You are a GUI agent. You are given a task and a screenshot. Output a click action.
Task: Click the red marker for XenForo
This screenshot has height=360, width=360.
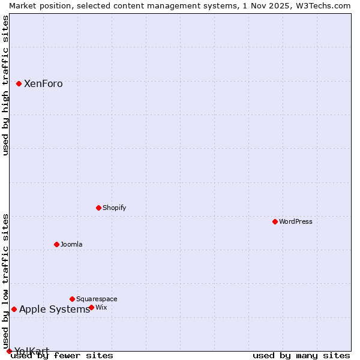click(19, 83)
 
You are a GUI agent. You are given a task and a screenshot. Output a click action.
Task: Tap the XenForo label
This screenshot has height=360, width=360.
click(43, 84)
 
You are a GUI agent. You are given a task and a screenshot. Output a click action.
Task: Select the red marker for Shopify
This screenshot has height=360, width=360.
click(98, 208)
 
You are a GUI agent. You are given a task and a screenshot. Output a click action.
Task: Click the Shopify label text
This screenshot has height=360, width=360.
click(114, 208)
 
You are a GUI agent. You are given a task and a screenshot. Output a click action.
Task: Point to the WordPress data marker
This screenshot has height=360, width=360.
click(275, 221)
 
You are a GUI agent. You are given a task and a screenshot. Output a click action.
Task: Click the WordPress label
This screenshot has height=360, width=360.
click(296, 222)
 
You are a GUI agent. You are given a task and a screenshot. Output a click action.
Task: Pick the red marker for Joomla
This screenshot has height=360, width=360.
click(56, 244)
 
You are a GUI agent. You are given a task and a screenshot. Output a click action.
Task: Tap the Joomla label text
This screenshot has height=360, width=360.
click(71, 245)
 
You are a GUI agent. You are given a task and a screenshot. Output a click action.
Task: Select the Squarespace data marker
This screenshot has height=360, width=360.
click(72, 299)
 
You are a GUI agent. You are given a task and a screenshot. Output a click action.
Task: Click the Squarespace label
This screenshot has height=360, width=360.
click(97, 299)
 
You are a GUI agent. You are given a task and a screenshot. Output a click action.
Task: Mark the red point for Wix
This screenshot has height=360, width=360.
click(91, 307)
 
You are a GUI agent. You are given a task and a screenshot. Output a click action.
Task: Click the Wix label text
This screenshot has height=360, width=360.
click(101, 308)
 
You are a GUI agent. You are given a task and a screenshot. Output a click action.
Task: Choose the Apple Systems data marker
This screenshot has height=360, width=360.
click(14, 309)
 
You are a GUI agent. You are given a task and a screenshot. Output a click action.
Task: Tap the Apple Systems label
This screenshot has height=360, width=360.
click(54, 310)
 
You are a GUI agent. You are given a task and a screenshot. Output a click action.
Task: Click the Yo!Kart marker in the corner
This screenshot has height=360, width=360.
click(9, 351)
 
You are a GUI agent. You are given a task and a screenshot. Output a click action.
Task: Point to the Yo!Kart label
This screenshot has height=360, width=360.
click(32, 352)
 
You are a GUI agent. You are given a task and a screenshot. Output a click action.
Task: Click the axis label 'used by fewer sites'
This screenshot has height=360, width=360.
click(62, 356)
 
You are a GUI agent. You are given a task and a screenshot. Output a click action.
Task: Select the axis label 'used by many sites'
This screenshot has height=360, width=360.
click(301, 356)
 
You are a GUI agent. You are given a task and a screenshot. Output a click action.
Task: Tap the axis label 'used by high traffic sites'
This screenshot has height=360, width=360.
click(5, 85)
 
